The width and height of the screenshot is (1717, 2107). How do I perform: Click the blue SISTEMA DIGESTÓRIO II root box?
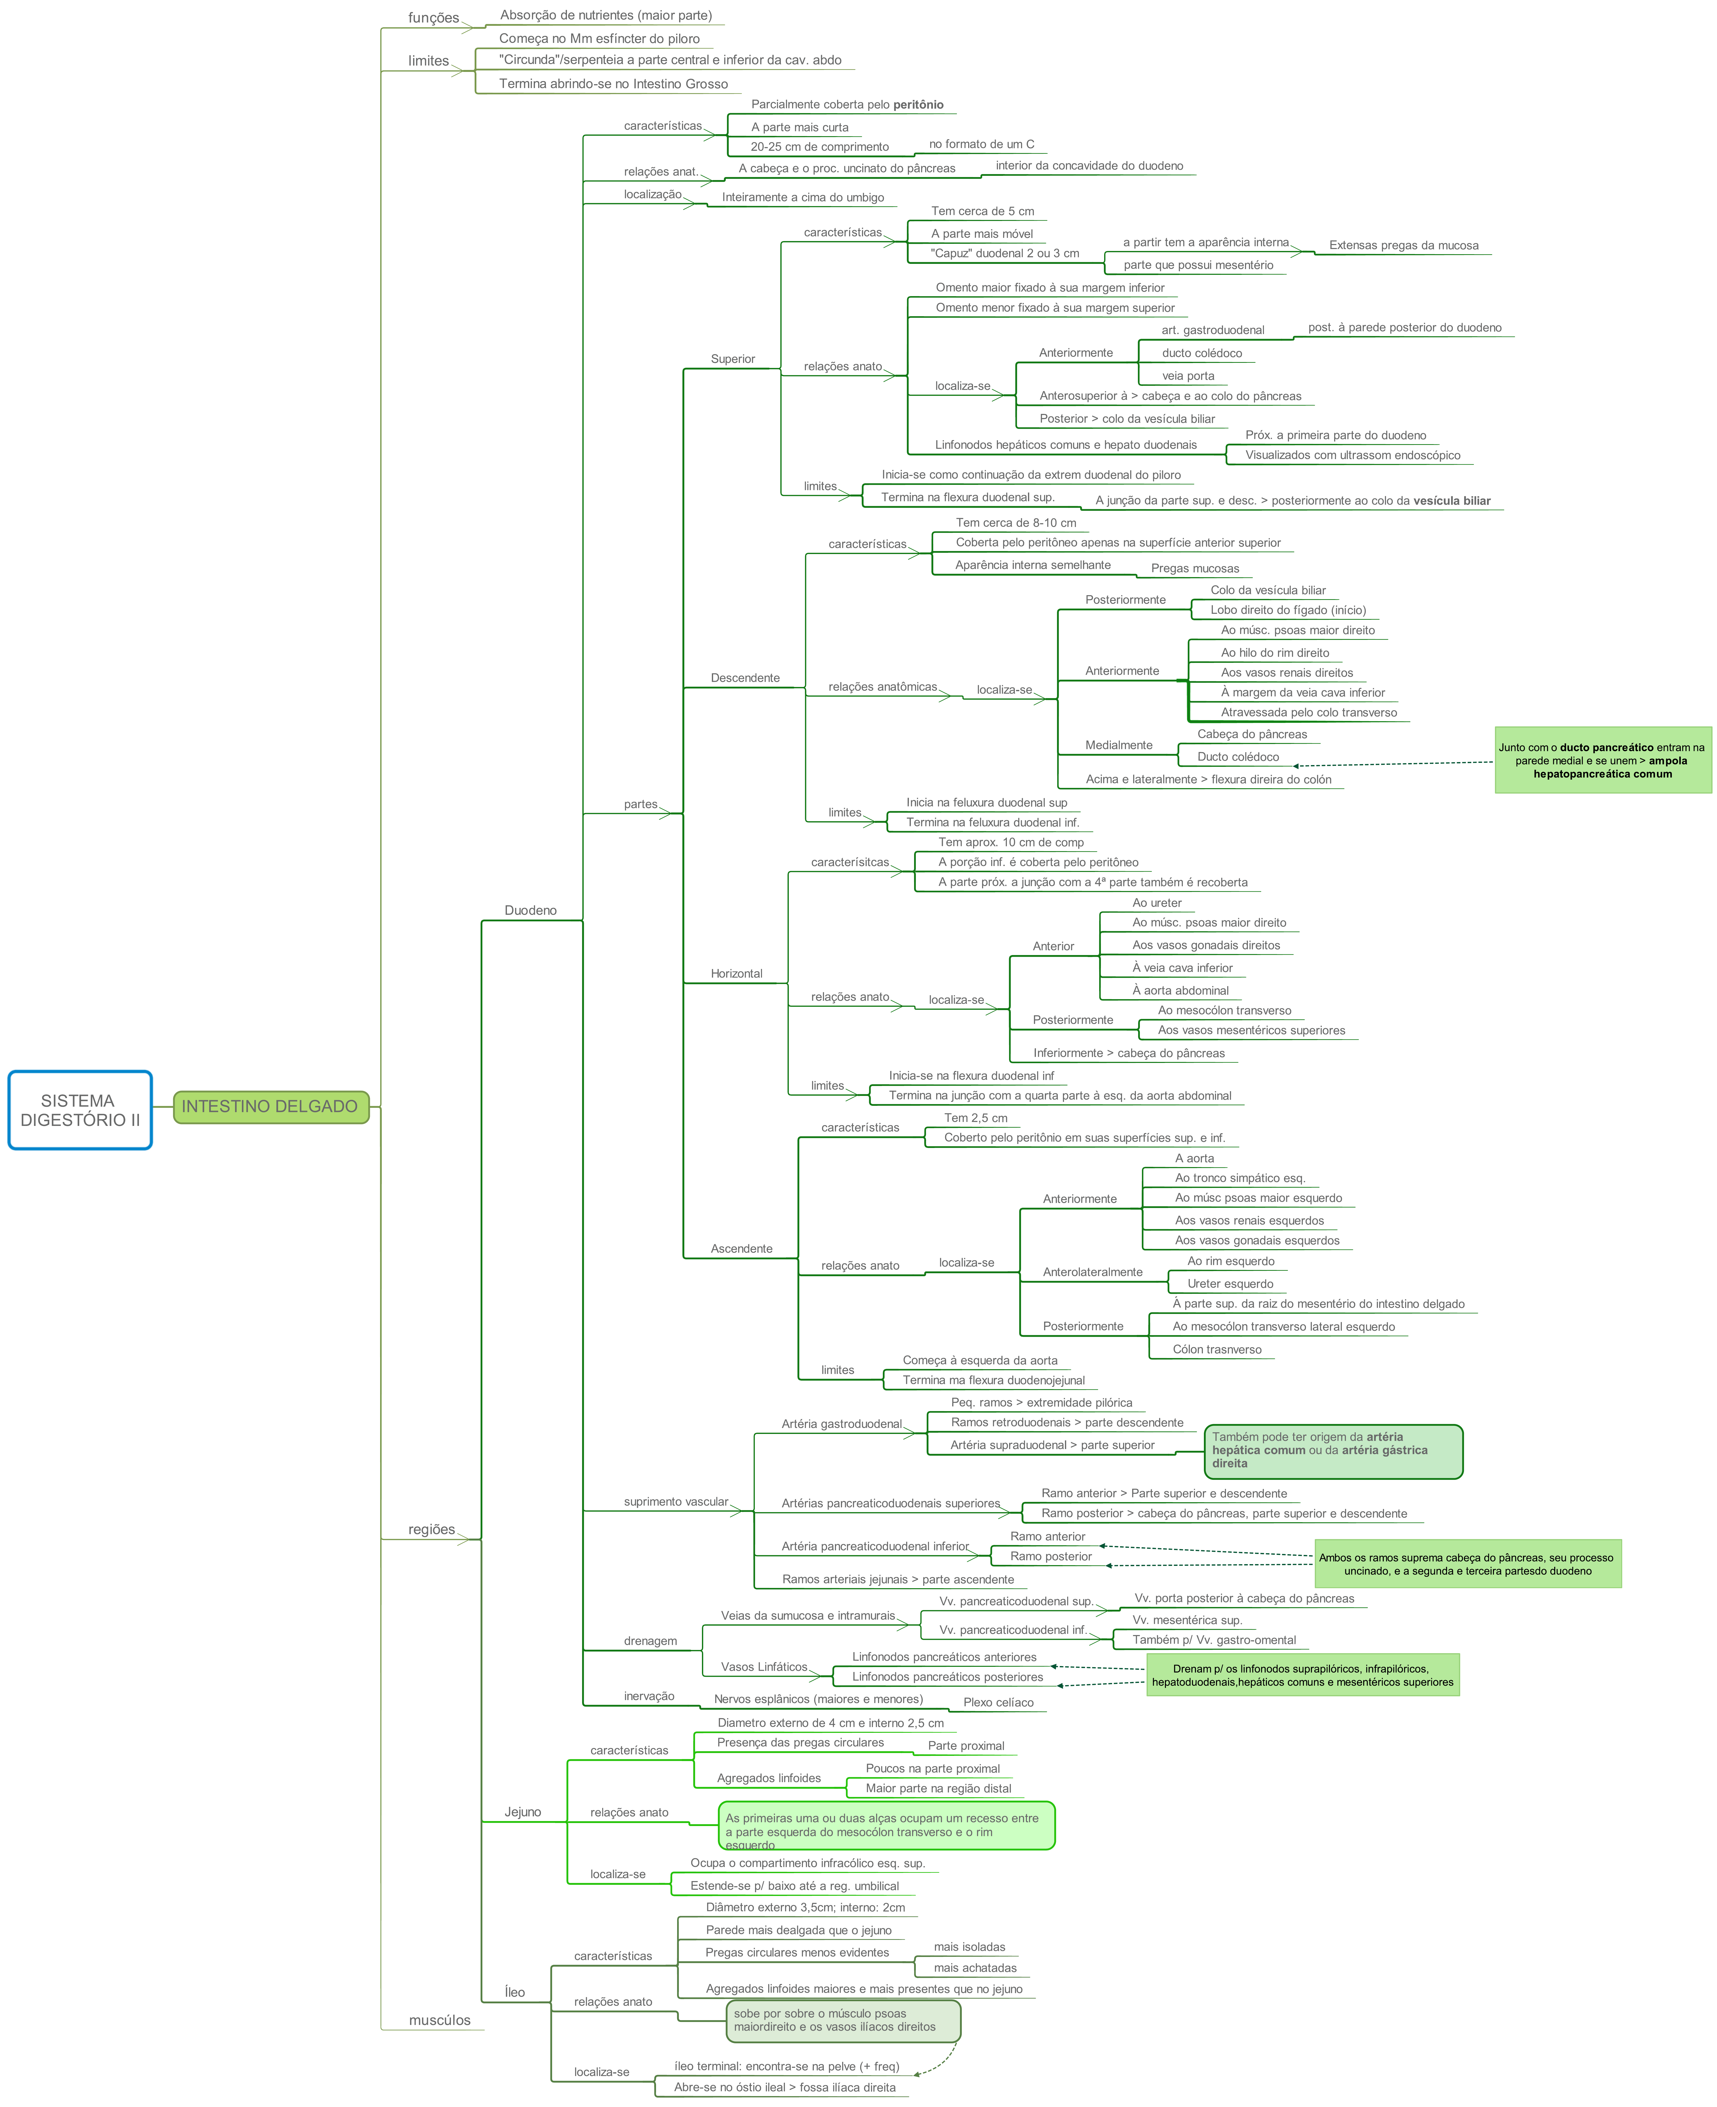coord(80,1109)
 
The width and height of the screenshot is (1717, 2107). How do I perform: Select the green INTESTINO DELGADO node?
coord(270,1106)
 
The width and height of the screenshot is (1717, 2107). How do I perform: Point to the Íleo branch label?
coord(514,1991)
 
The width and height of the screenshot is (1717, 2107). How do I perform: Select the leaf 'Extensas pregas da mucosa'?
coord(1403,245)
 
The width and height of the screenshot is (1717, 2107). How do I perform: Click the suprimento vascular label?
coord(676,1501)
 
